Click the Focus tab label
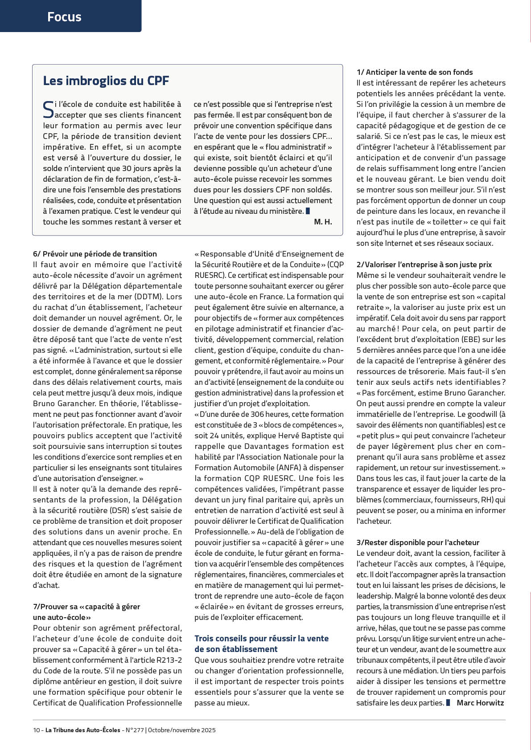click(64, 17)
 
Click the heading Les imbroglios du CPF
click(106, 81)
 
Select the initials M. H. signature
click(323, 222)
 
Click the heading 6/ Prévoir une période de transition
click(95, 254)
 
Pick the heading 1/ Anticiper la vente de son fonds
click(415, 72)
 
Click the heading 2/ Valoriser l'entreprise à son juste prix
click(424, 265)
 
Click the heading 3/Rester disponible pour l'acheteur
click(418, 542)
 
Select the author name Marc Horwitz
click(480, 703)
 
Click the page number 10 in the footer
click(37, 730)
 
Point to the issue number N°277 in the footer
click(134, 730)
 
